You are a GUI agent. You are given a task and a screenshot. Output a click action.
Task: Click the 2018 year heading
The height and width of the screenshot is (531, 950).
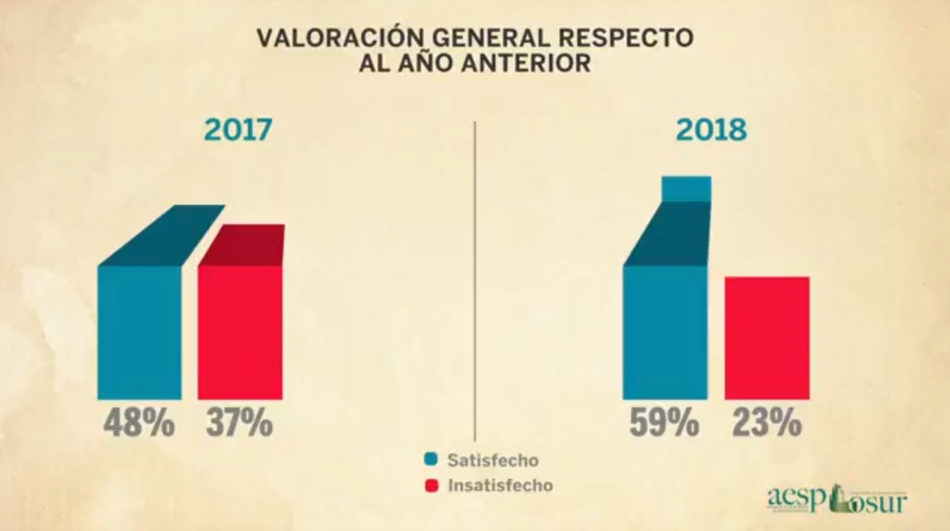coord(711,130)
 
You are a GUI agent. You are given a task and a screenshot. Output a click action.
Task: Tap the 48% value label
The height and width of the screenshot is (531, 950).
coord(139,423)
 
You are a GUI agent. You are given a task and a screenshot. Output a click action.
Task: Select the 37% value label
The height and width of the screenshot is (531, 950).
coord(239,423)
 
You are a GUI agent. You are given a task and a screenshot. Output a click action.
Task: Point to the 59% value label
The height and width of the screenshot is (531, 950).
coord(665,423)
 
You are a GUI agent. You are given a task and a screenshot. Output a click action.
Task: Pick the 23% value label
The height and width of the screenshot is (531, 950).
coord(766,423)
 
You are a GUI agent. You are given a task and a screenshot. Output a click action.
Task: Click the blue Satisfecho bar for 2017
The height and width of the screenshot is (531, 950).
coord(139,331)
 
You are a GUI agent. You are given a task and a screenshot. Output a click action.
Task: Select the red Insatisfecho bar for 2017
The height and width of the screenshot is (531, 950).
coord(239,331)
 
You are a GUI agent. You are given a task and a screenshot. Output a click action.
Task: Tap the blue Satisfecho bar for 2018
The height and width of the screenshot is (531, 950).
coord(665,331)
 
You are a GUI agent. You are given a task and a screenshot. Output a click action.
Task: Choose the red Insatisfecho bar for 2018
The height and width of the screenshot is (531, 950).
coord(767,337)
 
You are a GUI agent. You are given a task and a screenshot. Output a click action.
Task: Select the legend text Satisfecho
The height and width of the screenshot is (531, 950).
coord(492,460)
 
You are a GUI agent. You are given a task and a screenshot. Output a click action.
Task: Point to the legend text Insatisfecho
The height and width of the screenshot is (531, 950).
coord(500,486)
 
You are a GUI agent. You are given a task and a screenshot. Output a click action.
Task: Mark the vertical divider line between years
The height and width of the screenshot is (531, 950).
coord(475,283)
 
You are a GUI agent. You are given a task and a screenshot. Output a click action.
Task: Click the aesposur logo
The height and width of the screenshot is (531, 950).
coord(837,499)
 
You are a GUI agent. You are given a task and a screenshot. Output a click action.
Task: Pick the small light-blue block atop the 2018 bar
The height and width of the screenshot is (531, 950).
coord(686,188)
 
